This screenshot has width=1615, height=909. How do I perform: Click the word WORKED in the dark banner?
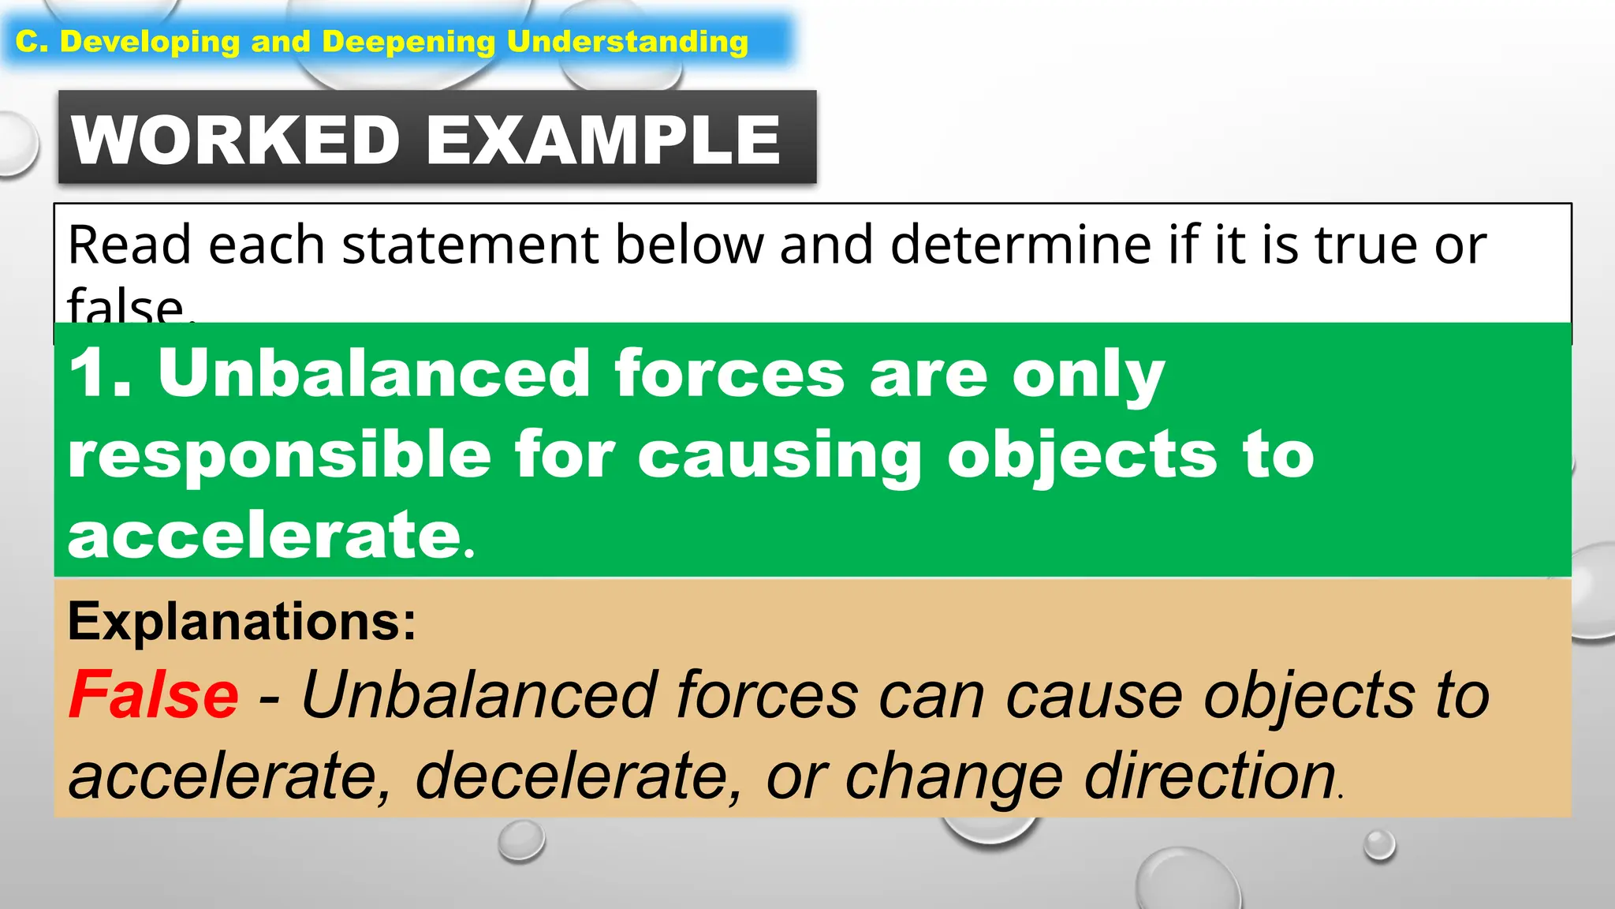(x=236, y=140)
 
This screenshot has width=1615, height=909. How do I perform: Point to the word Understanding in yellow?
(x=627, y=42)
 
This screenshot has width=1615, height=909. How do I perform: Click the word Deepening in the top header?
(x=408, y=42)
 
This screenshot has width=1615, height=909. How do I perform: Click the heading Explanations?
(x=242, y=623)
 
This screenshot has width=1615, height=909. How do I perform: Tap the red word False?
(x=154, y=694)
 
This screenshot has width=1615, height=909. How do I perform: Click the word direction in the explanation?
(x=1210, y=776)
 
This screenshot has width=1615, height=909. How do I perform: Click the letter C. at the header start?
(x=32, y=42)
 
